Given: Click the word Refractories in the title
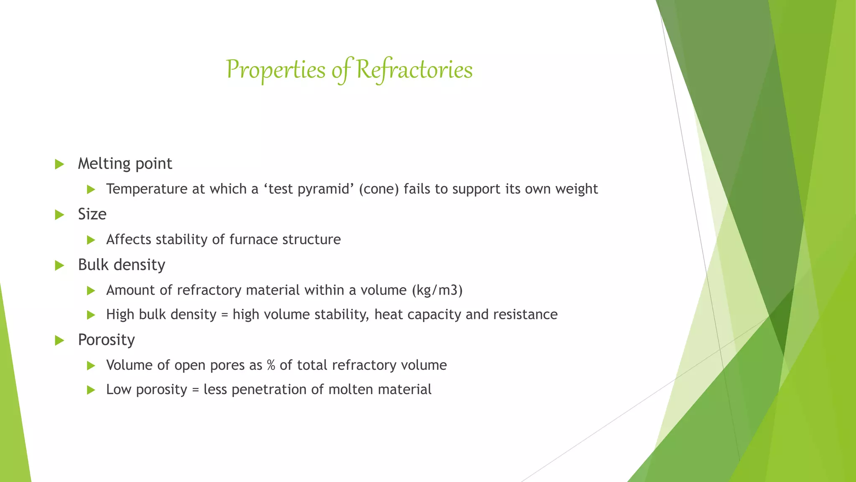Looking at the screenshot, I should click(414, 70).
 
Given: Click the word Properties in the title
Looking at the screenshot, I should click(275, 70).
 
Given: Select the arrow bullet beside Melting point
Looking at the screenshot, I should click(59, 164).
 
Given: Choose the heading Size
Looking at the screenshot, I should click(92, 214).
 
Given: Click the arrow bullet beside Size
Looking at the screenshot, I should click(59, 215).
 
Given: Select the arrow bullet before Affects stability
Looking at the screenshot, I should click(91, 240).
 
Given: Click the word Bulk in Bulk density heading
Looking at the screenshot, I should click(93, 265).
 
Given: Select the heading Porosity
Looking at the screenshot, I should click(106, 340).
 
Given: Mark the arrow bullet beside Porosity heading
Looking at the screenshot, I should click(59, 340).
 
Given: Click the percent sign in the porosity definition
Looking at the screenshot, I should click(271, 365).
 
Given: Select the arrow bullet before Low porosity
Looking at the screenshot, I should click(91, 390).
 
